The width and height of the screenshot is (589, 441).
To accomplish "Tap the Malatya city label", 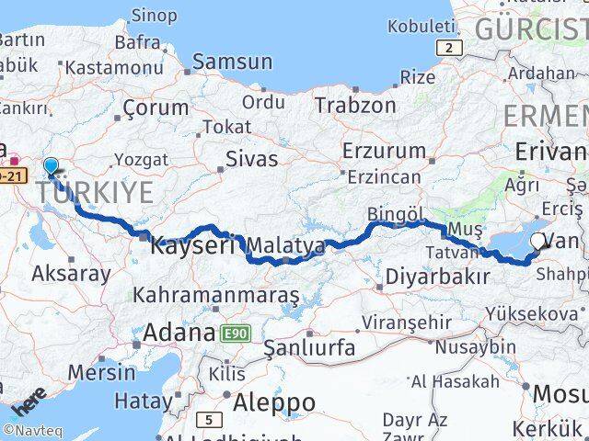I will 285,246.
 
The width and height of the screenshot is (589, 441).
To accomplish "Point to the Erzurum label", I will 380,150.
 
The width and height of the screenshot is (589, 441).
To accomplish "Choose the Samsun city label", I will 233,62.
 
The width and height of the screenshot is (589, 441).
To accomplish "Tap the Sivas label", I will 253,159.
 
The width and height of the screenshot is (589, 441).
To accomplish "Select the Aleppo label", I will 274,402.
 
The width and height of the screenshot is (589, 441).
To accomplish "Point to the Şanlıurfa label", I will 309,348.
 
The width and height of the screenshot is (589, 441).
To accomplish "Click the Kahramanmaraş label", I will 217,296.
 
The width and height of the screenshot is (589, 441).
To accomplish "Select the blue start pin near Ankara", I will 51,166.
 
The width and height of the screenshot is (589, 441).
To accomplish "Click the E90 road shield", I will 235,334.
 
